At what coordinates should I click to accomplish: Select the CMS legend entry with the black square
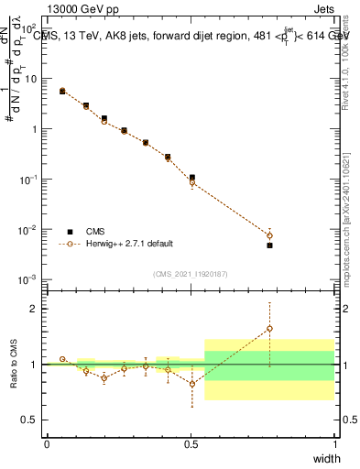click(x=90, y=232)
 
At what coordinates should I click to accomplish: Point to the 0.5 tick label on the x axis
click(x=191, y=444)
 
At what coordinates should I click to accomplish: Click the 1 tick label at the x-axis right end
click(x=334, y=444)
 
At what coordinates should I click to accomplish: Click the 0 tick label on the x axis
click(x=47, y=444)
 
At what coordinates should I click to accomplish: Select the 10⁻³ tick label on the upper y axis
click(x=30, y=279)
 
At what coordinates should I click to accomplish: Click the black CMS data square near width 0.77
click(x=269, y=245)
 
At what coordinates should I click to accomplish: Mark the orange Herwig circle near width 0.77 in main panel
click(x=269, y=235)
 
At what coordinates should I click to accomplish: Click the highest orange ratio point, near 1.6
click(x=269, y=328)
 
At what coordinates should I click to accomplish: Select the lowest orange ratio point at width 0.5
click(x=191, y=384)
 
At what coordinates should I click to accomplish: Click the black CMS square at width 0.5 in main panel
click(x=191, y=178)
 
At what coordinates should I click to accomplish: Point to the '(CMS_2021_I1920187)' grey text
click(x=190, y=274)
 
